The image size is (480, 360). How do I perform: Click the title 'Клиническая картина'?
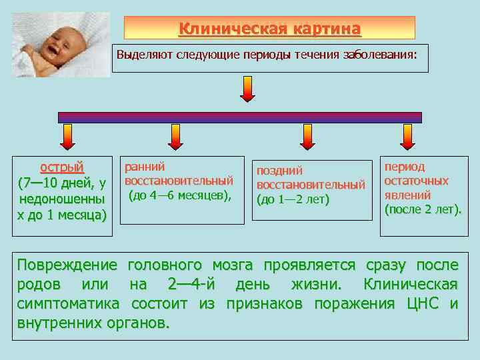click(x=269, y=29)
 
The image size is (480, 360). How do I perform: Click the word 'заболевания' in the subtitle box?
click(x=379, y=55)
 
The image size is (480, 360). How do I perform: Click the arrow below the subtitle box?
click(x=247, y=89)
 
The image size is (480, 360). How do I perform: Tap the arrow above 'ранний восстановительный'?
click(x=176, y=137)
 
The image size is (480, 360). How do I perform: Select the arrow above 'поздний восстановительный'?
click(x=307, y=137)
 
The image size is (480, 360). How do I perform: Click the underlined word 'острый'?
click(x=62, y=167)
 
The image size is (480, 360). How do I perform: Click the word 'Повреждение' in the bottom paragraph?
click(x=67, y=265)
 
